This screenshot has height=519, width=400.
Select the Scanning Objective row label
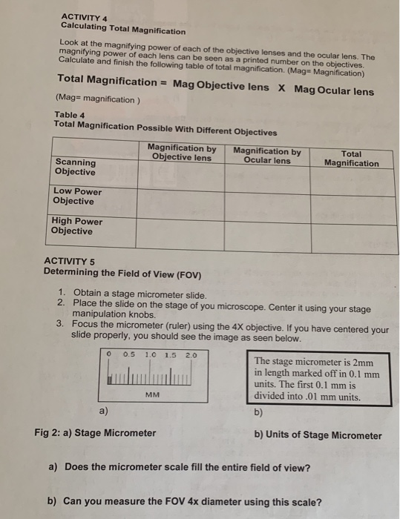(x=75, y=167)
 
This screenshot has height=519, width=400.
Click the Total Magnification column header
(x=352, y=159)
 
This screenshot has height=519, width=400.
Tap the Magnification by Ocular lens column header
(x=267, y=156)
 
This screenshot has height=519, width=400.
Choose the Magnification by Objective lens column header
(x=182, y=152)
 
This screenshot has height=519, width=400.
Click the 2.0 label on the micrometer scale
(x=191, y=354)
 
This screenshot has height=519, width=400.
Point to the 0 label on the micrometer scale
(x=108, y=354)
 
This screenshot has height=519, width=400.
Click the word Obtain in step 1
(x=90, y=295)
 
